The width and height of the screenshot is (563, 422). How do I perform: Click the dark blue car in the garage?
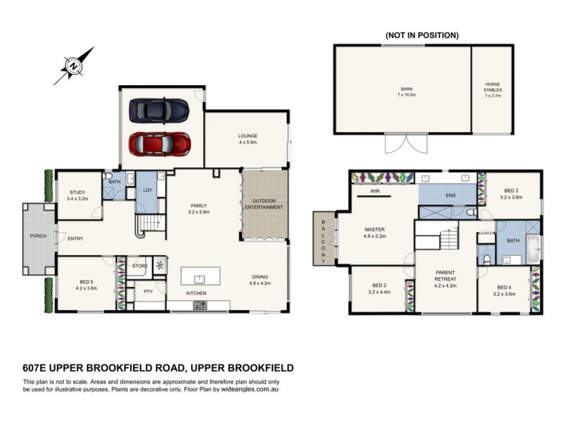tap(160, 110)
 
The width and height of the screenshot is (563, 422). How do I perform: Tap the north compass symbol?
tap(74, 65)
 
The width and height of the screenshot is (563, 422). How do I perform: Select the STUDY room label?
tap(77, 195)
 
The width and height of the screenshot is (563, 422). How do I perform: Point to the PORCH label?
tap(38, 235)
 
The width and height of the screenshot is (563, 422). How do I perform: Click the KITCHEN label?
tap(196, 293)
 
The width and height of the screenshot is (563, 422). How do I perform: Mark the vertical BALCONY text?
tap(323, 238)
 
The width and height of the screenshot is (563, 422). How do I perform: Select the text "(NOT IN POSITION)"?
tap(422, 35)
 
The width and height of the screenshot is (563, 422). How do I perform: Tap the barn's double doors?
tap(405, 144)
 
